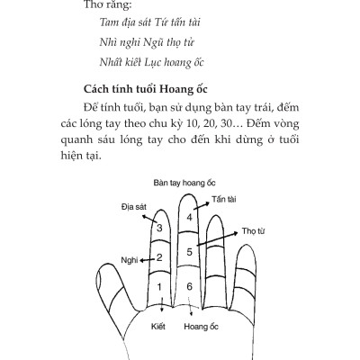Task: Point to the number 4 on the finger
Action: [x=190, y=218]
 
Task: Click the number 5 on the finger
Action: [x=190, y=251]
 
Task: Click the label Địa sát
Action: [x=133, y=207]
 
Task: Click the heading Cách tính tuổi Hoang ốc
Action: [x=166, y=91]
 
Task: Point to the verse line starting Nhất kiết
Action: [x=154, y=65]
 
